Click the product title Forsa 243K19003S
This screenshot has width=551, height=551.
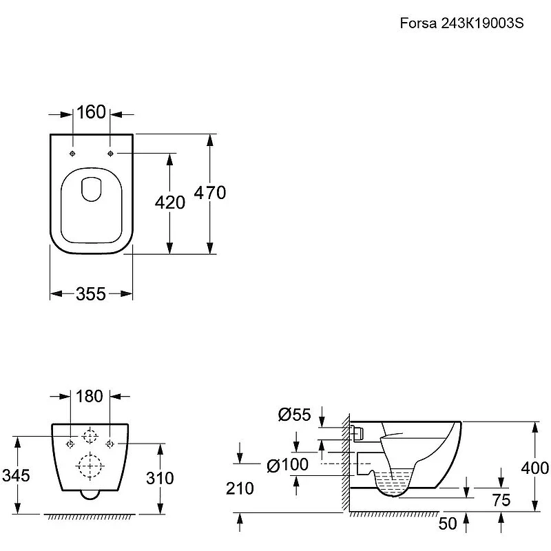[461, 23]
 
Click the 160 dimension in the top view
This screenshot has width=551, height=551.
[91, 112]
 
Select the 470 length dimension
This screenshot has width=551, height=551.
[210, 193]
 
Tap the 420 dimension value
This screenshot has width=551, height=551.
[170, 202]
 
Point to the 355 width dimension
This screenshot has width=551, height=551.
[91, 294]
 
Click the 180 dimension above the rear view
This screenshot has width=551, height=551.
[90, 397]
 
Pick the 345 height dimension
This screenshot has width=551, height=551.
[16, 476]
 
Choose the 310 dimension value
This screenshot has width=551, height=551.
[160, 478]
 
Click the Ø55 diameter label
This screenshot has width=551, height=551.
[295, 415]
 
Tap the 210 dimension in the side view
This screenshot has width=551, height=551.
[240, 488]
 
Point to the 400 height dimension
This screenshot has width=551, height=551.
[535, 468]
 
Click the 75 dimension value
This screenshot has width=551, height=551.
[501, 501]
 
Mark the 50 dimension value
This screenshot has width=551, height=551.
[447, 523]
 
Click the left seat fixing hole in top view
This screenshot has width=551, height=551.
[72, 154]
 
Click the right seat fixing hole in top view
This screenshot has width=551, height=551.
[110, 154]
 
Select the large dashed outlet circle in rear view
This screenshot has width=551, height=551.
[90, 466]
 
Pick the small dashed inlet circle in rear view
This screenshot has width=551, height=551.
[90, 436]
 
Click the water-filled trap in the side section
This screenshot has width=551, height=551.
[393, 484]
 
